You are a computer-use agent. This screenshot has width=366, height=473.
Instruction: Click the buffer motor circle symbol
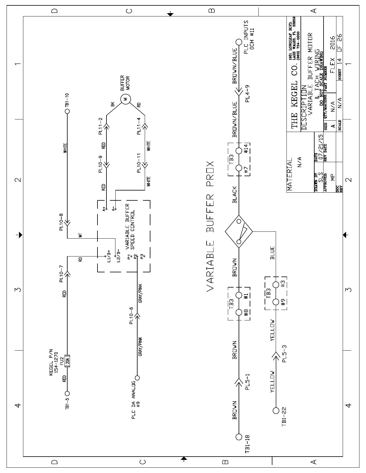click(125, 99)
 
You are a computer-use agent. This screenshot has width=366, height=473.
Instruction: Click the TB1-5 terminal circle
click(67, 393)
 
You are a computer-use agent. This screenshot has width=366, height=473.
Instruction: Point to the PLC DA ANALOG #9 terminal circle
click(138, 377)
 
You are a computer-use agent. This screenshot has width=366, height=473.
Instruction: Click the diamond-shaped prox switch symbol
click(239, 231)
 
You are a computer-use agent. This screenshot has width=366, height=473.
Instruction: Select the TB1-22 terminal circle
click(276, 411)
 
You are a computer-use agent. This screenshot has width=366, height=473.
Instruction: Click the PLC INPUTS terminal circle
click(238, 42)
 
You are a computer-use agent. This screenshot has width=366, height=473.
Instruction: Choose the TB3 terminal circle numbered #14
click(239, 150)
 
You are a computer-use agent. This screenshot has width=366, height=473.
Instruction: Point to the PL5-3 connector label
click(284, 354)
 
